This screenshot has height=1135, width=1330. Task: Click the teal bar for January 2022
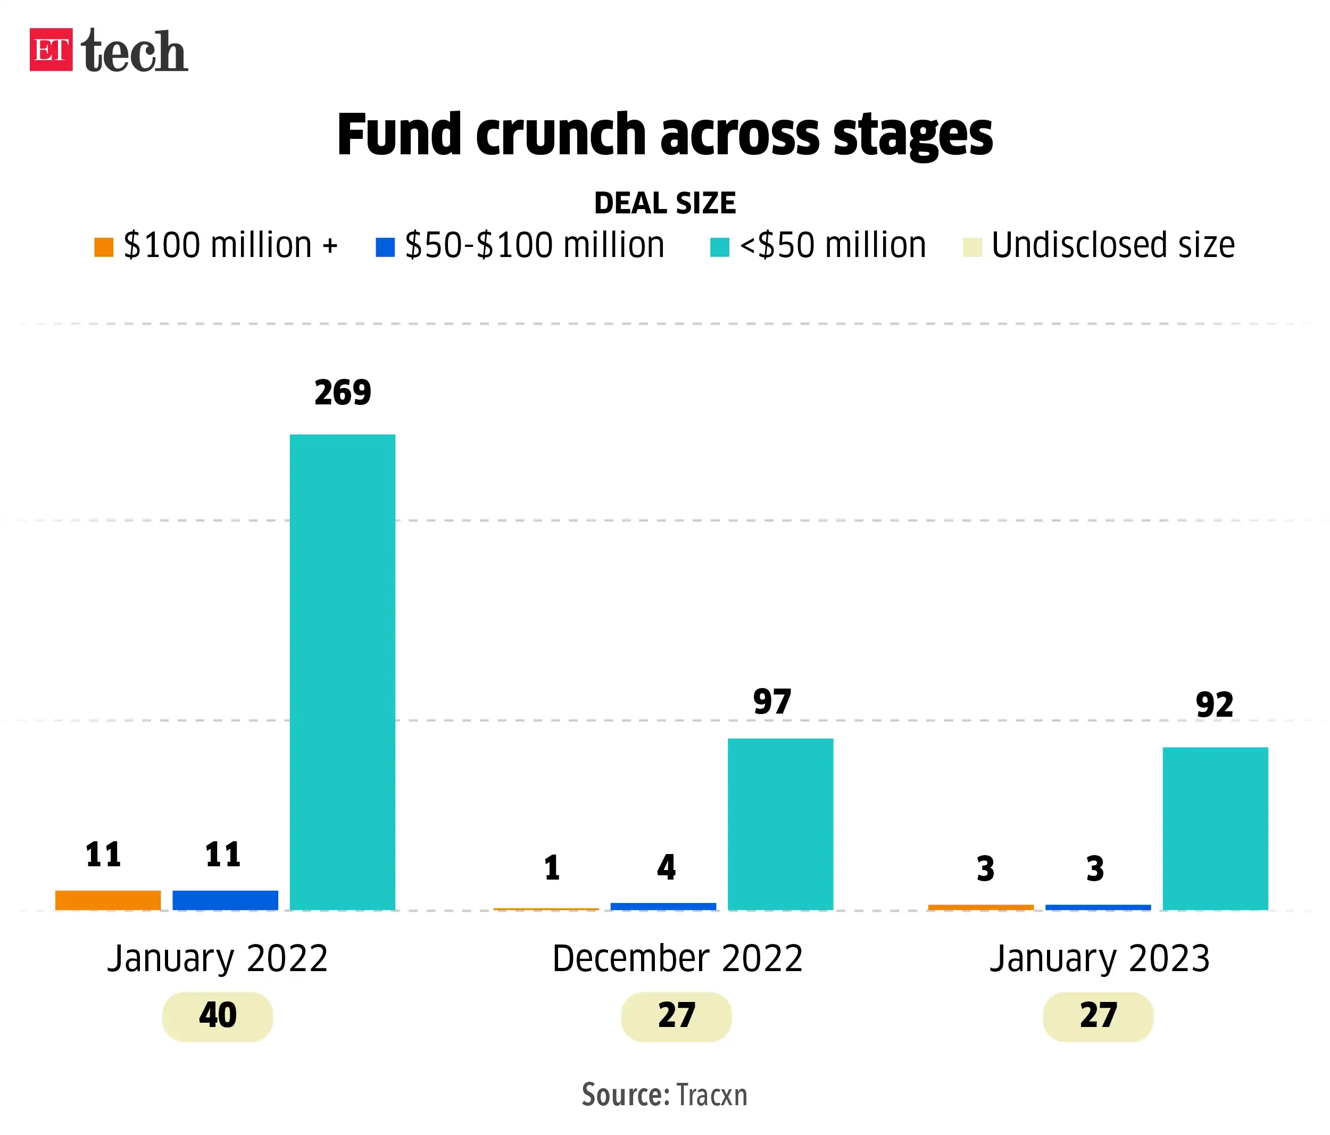(342, 672)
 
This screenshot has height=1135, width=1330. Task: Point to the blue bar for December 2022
(663, 907)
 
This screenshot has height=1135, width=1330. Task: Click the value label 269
(342, 392)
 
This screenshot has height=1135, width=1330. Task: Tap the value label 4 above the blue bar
(666, 867)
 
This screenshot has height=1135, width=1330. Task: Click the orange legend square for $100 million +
(103, 247)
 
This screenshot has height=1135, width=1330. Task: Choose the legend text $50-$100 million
(534, 245)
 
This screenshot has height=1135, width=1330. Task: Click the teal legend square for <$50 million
(719, 247)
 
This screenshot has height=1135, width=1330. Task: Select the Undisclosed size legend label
(1112, 245)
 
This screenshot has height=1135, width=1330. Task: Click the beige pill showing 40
(217, 1016)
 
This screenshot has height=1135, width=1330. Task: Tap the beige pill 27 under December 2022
(676, 1016)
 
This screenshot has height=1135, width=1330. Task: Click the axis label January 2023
(1099, 958)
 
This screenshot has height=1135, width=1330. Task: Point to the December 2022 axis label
(677, 958)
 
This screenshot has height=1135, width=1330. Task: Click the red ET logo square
(51, 49)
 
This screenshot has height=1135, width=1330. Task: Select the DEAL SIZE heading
(664, 203)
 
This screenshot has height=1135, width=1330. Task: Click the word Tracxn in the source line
(712, 1095)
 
